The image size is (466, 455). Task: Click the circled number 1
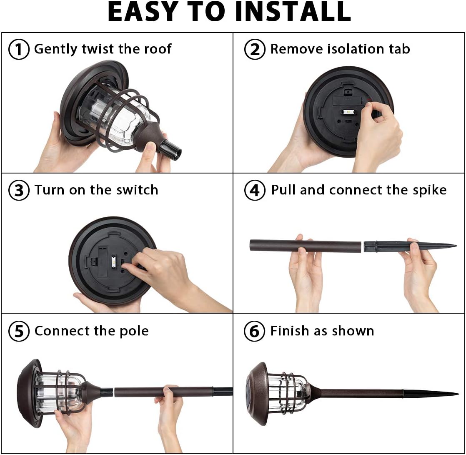click(x=19, y=49)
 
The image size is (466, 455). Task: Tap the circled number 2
click(x=255, y=49)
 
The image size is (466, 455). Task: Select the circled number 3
click(x=19, y=190)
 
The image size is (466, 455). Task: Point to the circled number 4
click(x=255, y=190)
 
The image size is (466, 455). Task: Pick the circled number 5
click(x=19, y=331)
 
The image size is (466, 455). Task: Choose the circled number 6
click(x=254, y=331)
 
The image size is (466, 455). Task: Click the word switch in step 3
click(x=137, y=190)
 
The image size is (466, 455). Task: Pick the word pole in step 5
click(x=134, y=331)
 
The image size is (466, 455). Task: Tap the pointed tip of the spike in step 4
click(x=456, y=246)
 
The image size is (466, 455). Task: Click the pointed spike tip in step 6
click(x=458, y=394)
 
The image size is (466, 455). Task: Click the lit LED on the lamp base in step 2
click(x=348, y=112)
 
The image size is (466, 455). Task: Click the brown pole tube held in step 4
click(x=306, y=246)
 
